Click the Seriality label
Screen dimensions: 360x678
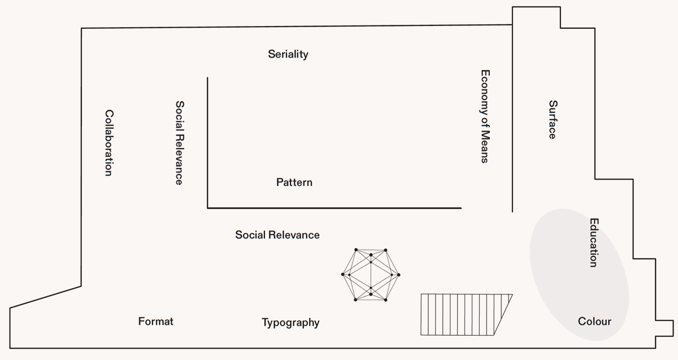(288, 54)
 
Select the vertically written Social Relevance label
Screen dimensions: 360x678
(179, 142)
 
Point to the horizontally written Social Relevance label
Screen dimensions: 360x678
(277, 235)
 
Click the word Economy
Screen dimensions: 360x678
(485, 89)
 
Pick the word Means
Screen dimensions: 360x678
(485, 146)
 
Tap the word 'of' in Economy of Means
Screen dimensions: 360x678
(485, 120)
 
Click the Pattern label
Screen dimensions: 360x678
(294, 183)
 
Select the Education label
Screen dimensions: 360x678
(593, 242)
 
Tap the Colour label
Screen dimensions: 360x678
(594, 322)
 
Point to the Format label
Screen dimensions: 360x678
(156, 322)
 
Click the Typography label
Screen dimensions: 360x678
(290, 323)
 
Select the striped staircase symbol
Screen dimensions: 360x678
(460, 314)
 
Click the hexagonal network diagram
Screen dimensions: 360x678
(371, 275)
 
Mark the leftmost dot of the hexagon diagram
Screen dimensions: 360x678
(343, 275)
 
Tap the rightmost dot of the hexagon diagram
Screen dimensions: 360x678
(399, 275)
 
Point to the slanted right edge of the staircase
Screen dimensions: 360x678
(503, 314)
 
